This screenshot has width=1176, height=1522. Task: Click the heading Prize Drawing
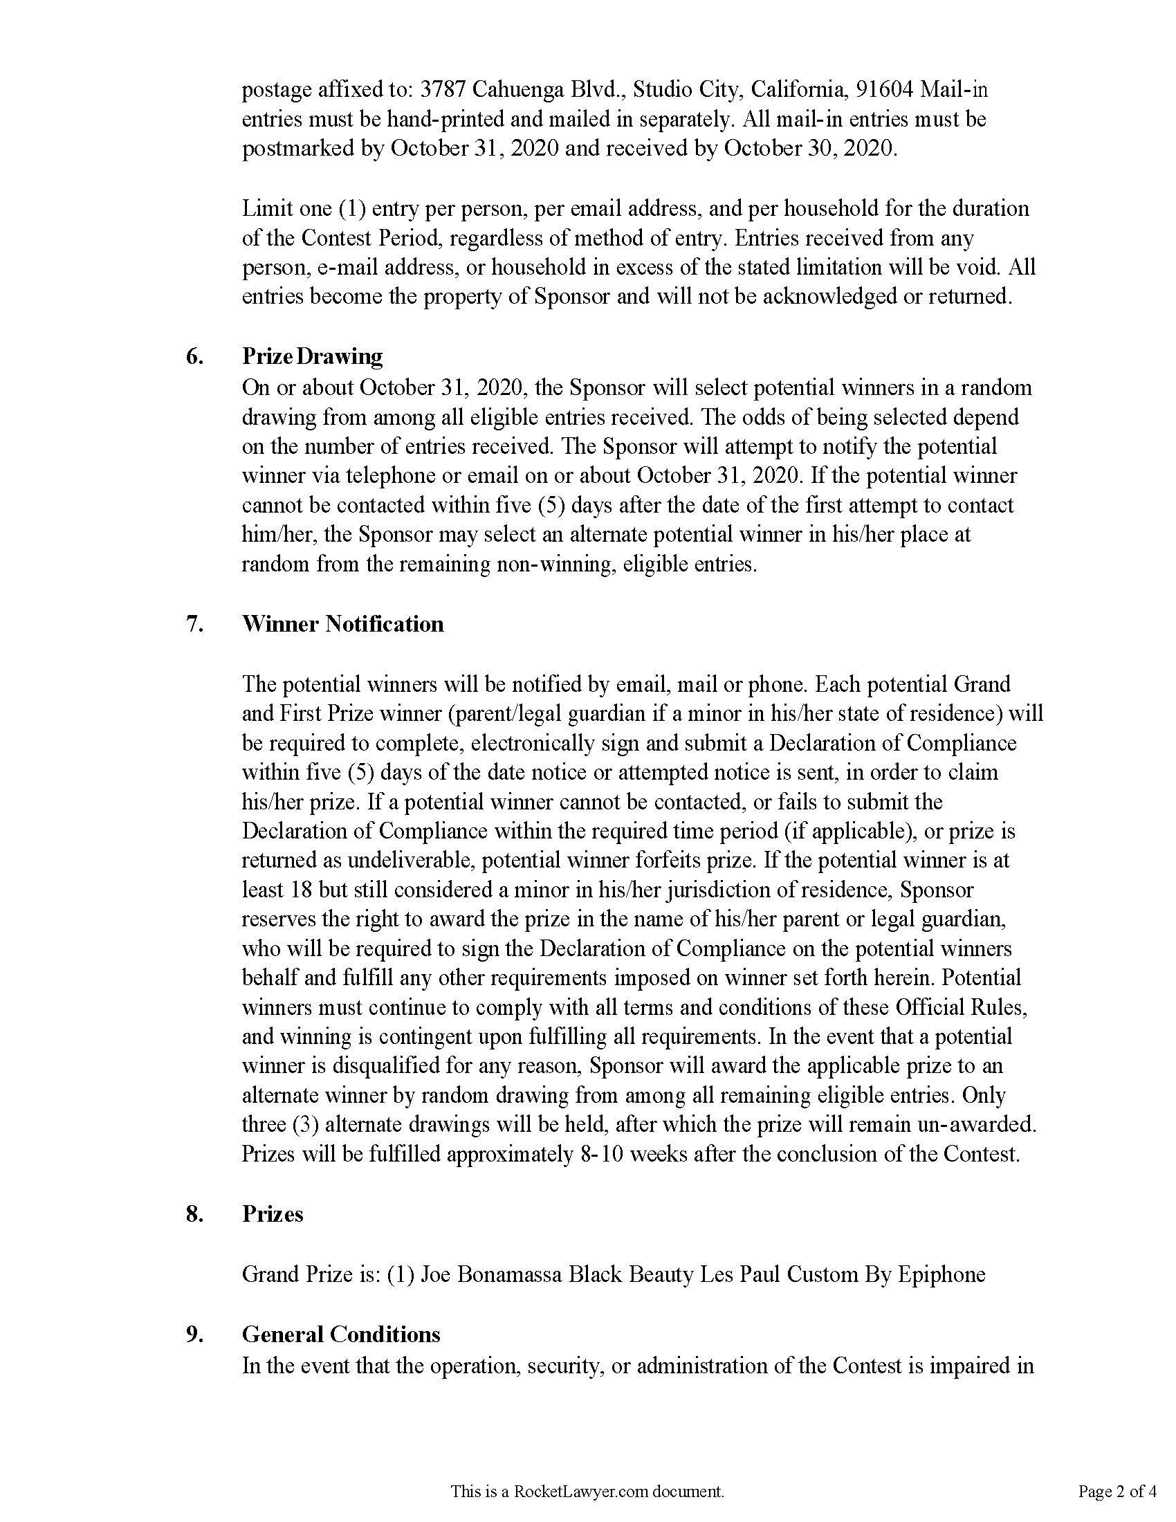pos(312,357)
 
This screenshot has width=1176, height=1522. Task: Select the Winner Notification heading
pos(342,624)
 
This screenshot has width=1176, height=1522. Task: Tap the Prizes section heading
pos(273,1214)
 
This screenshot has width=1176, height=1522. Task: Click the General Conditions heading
pos(340,1335)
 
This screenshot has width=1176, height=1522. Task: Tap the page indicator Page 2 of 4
pos(1117,1492)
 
